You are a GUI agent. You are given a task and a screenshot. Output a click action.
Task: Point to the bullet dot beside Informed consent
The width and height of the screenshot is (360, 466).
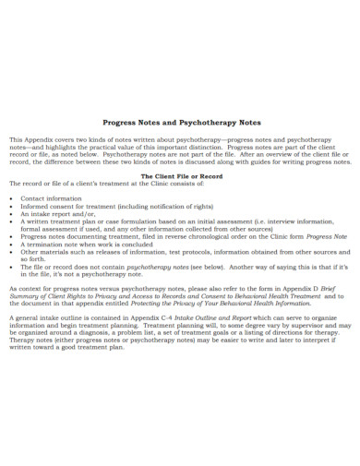click(11, 206)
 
